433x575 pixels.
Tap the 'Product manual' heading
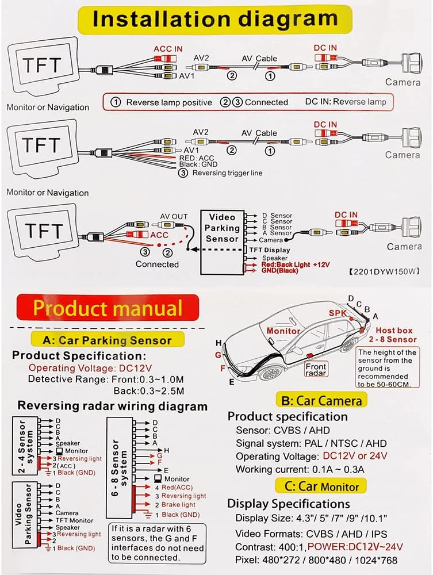point(108,308)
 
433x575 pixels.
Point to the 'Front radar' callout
point(316,370)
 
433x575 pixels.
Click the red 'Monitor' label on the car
point(283,331)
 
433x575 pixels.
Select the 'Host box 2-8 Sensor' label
point(396,335)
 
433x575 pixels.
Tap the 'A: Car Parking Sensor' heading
point(108,340)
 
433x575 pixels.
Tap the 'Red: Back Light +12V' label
point(294,264)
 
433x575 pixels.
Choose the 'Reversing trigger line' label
point(227,172)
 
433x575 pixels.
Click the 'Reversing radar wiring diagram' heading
point(112,406)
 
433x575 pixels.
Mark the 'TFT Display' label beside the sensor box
point(269,250)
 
